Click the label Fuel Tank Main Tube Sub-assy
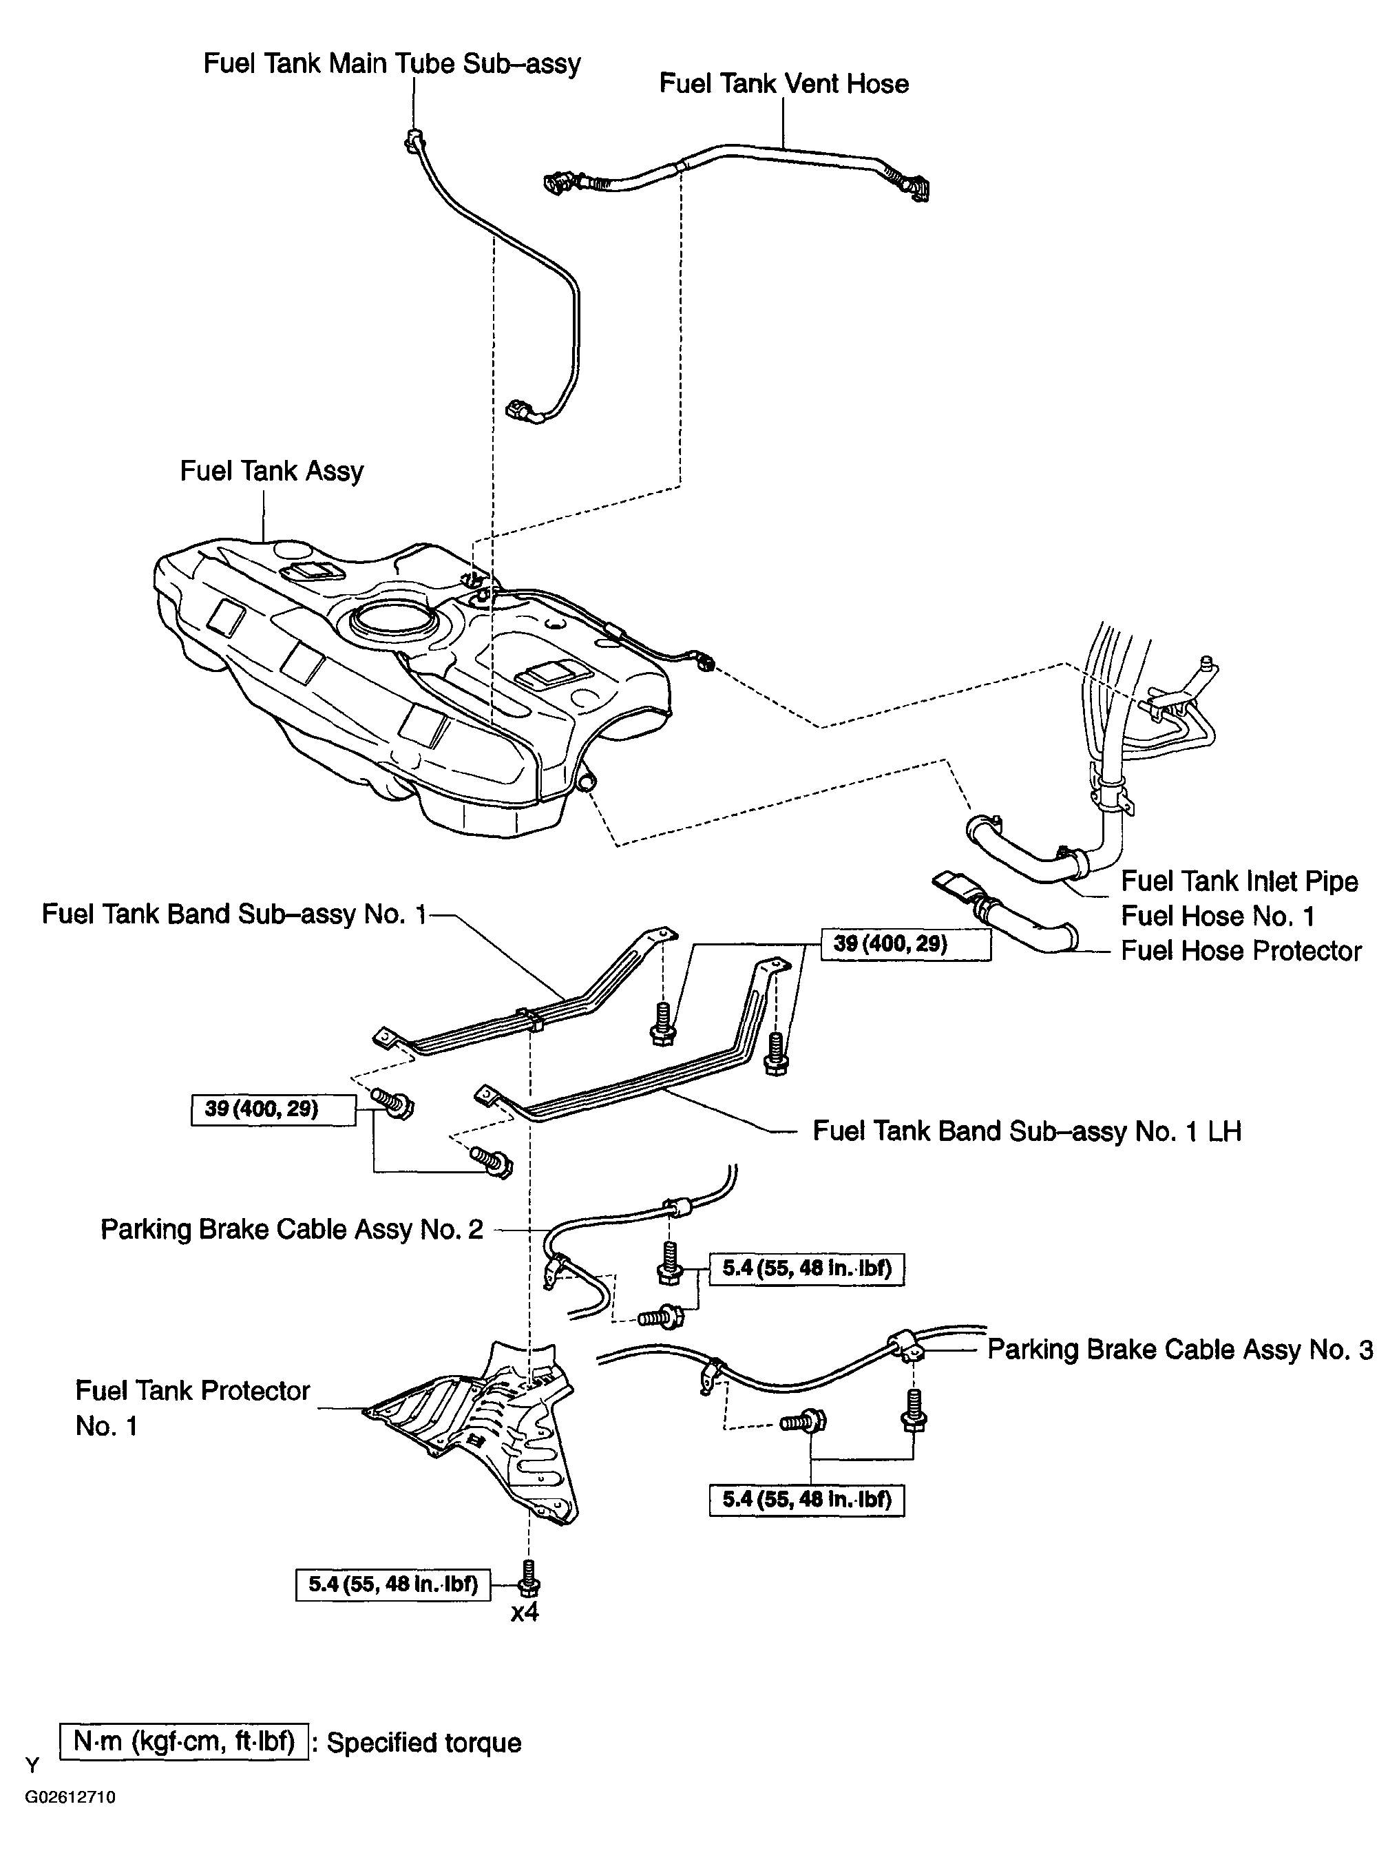[392, 64]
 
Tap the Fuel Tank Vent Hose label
[783, 84]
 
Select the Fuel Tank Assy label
[272, 471]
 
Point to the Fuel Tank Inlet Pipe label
[1239, 881]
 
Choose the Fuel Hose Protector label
[1241, 951]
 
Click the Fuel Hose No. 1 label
[1217, 916]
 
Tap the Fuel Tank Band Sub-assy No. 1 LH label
[1026, 1131]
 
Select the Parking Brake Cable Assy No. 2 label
[292, 1229]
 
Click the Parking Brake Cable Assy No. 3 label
[1179, 1350]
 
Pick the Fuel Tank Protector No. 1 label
[192, 1408]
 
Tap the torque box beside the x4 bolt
[392, 1584]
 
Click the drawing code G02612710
[70, 1797]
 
